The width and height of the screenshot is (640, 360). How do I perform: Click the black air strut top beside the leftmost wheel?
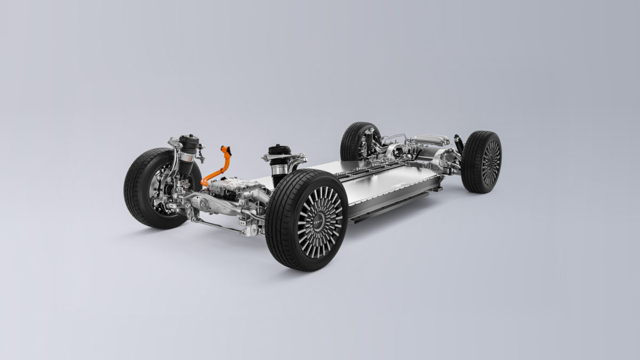click(189, 143)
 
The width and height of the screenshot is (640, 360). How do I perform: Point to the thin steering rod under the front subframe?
click(219, 227)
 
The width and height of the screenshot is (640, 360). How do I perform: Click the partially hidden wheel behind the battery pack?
click(355, 141)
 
